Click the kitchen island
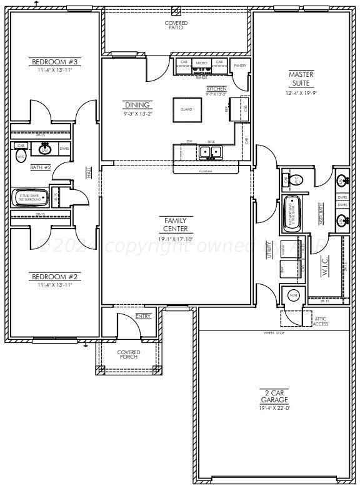pyautogui.click(x=186, y=109)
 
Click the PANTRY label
pyautogui.click(x=239, y=65)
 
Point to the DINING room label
pyautogui.click(x=137, y=106)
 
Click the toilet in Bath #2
pyautogui.click(x=21, y=156)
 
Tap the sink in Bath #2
pyautogui.click(x=45, y=149)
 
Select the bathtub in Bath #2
pyautogui.click(x=29, y=197)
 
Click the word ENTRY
pyautogui.click(x=143, y=316)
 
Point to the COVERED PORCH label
pyautogui.click(x=129, y=354)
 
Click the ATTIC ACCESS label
pyautogui.click(x=321, y=321)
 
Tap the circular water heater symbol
pyautogui.click(x=294, y=295)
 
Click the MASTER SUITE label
pyautogui.click(x=301, y=78)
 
